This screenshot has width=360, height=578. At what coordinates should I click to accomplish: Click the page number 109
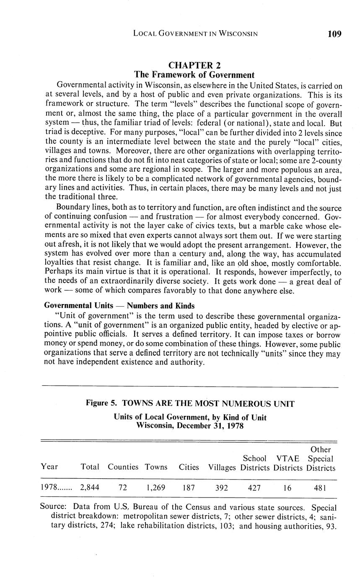[x=334, y=34]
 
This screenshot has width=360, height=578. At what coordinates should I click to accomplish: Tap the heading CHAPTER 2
[x=194, y=65]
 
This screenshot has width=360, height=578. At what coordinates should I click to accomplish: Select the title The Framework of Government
[x=194, y=75]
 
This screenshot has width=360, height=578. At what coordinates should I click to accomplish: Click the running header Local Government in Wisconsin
[x=195, y=34]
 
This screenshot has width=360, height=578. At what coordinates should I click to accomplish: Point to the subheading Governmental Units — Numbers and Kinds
[x=119, y=306]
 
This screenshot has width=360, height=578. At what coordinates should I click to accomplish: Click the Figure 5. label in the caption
[x=101, y=404]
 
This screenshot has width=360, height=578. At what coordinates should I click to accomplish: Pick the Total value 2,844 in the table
[x=90, y=488]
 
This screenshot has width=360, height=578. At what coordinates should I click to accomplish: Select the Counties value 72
[x=123, y=488]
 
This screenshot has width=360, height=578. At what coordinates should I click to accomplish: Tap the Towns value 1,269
[x=156, y=488]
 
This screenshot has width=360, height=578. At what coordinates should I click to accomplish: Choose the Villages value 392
[x=222, y=488]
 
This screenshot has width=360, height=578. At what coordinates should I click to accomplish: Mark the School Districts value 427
[x=254, y=488]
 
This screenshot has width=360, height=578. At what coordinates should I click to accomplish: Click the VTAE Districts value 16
[x=287, y=488]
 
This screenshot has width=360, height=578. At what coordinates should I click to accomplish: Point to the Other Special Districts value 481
[x=320, y=488]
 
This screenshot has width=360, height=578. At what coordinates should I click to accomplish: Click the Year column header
[x=49, y=467]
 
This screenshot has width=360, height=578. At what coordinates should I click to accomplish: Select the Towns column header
[x=156, y=467]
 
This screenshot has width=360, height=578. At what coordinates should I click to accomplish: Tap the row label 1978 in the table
[x=49, y=488]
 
